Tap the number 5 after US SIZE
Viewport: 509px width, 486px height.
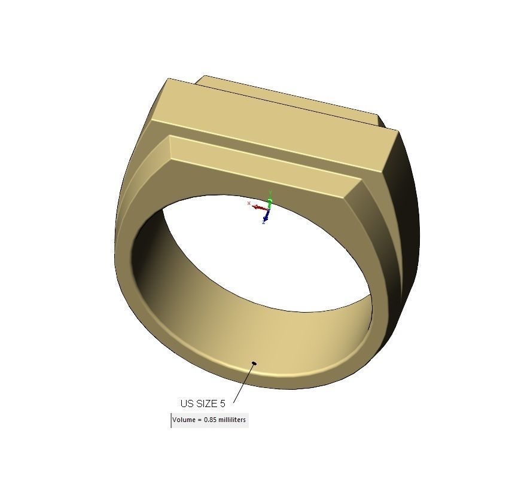pyautogui.click(x=223, y=404)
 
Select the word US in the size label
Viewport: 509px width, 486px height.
pyautogui.click(x=187, y=404)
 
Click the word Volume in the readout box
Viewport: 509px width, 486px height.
pyautogui.click(x=184, y=420)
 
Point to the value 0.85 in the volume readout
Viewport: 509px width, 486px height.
pyautogui.click(x=210, y=420)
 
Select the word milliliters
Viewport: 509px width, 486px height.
pyautogui.click(x=231, y=420)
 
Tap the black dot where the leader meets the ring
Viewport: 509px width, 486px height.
pyautogui.click(x=254, y=363)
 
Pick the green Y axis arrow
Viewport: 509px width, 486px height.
pyautogui.click(x=270, y=198)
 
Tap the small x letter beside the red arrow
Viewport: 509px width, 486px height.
pyautogui.click(x=249, y=203)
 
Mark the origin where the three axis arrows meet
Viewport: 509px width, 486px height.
pyautogui.click(x=269, y=208)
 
